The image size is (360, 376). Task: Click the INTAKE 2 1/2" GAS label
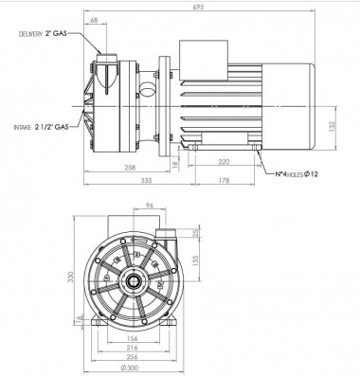[39, 125]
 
